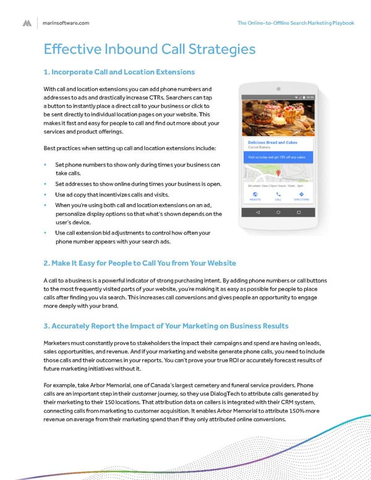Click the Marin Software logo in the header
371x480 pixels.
(27, 23)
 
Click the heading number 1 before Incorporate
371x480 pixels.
(46, 72)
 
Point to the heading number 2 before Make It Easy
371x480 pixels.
(46, 263)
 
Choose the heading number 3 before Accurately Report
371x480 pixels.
(46, 325)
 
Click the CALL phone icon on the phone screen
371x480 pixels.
(278, 194)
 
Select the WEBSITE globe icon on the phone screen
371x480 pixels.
(255, 194)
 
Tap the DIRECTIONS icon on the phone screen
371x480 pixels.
(301, 194)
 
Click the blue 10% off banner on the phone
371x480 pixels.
(278, 158)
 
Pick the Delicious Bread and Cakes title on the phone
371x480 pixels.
(273, 142)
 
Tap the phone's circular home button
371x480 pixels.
(278, 212)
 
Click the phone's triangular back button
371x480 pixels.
(258, 212)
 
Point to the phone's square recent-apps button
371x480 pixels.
(299, 212)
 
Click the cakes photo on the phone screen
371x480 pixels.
(278, 119)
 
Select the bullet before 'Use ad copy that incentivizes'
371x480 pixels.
(45, 195)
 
